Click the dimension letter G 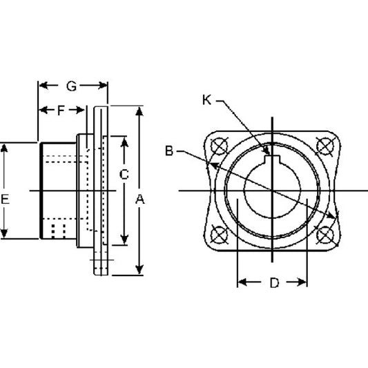pos(71,86)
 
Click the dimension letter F pos(61,110)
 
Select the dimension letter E pos(5,200)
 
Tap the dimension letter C pos(124,175)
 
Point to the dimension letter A pos(140,200)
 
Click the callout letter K pos(206,100)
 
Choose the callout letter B pos(169,151)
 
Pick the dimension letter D pos(274,283)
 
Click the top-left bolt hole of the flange pos(220,146)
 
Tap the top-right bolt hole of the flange pos(325,146)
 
